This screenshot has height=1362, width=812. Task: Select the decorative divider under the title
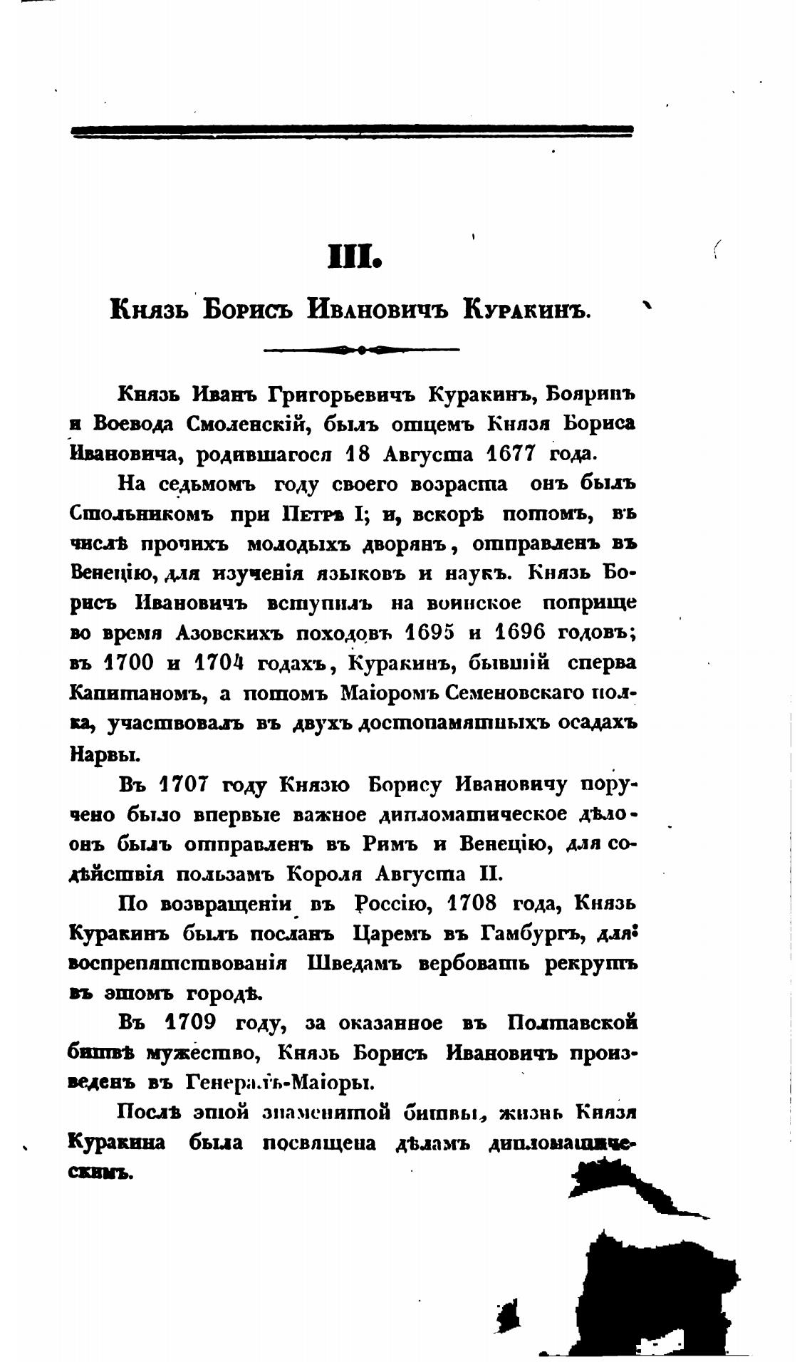[x=361, y=350]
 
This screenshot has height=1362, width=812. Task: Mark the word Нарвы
[x=96, y=752]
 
